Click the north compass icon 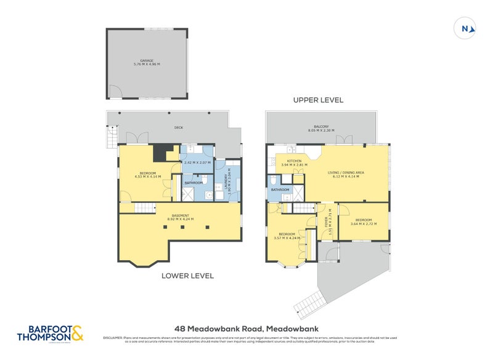click(465, 28)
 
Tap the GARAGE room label click(146, 60)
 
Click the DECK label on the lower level click(178, 128)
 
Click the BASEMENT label click(180, 215)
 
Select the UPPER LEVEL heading click(318, 100)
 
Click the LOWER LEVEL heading click(187, 276)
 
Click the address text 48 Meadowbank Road click(246, 329)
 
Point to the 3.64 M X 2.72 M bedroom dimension click(363, 224)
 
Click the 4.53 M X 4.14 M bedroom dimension click(149, 177)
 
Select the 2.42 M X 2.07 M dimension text click(197, 163)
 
